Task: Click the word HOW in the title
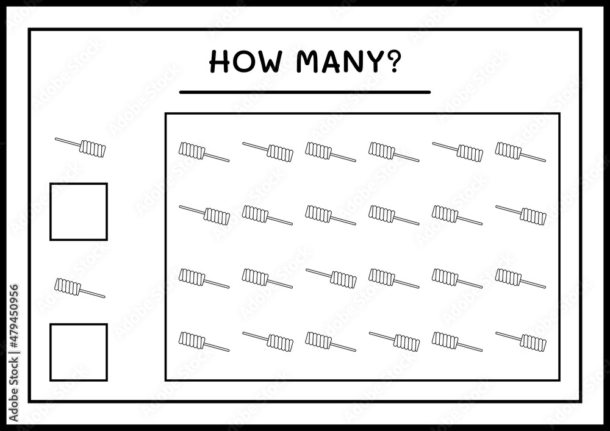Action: click(x=245, y=62)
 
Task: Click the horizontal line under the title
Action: click(x=304, y=92)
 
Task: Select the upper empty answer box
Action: click(x=79, y=183)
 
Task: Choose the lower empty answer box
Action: click(x=79, y=324)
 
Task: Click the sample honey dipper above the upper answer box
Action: click(x=80, y=148)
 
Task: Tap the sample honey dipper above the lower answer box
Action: click(x=80, y=288)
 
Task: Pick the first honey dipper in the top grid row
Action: click(x=204, y=152)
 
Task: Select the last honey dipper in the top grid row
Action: click(x=520, y=152)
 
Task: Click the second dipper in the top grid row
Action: click(x=268, y=152)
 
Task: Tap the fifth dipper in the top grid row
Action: click(x=457, y=152)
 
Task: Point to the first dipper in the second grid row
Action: click(x=204, y=215)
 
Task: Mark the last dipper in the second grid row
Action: click(x=520, y=215)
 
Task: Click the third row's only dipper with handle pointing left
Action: click(x=331, y=279)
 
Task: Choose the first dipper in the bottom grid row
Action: click(x=204, y=342)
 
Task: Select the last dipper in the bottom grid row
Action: click(x=520, y=342)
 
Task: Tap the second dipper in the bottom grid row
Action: click(x=268, y=342)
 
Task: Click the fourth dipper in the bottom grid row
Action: click(x=395, y=342)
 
